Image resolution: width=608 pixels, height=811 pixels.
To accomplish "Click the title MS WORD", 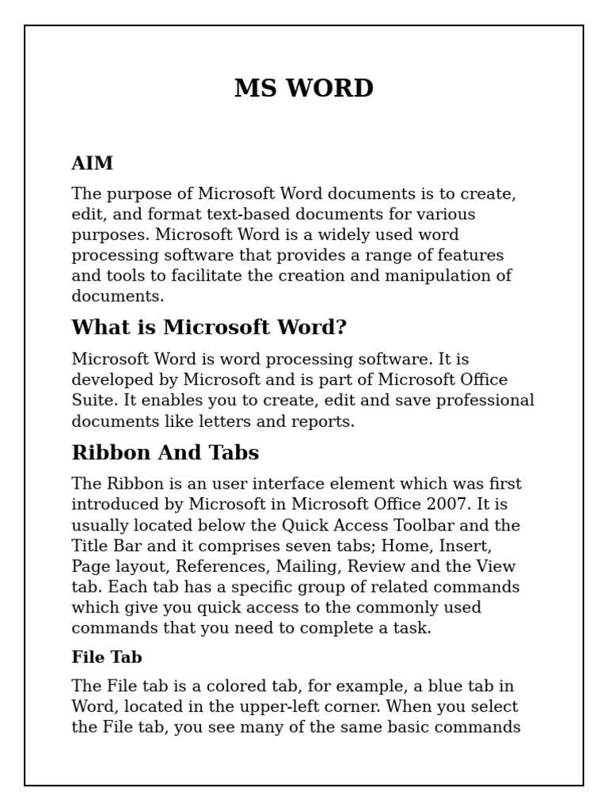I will pyautogui.click(x=304, y=88).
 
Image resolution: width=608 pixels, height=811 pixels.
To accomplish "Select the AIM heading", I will pyautogui.click(x=92, y=163).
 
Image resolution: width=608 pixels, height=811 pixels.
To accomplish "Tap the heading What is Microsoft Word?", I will pyautogui.click(x=209, y=327).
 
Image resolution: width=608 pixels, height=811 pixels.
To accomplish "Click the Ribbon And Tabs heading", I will pyautogui.click(x=165, y=452).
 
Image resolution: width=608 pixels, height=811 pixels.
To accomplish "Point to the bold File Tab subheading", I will pyautogui.click(x=107, y=657).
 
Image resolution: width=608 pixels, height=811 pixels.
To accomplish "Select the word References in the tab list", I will pyautogui.click(x=223, y=566).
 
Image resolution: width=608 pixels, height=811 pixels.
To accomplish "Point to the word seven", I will pyautogui.click(x=317, y=546).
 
